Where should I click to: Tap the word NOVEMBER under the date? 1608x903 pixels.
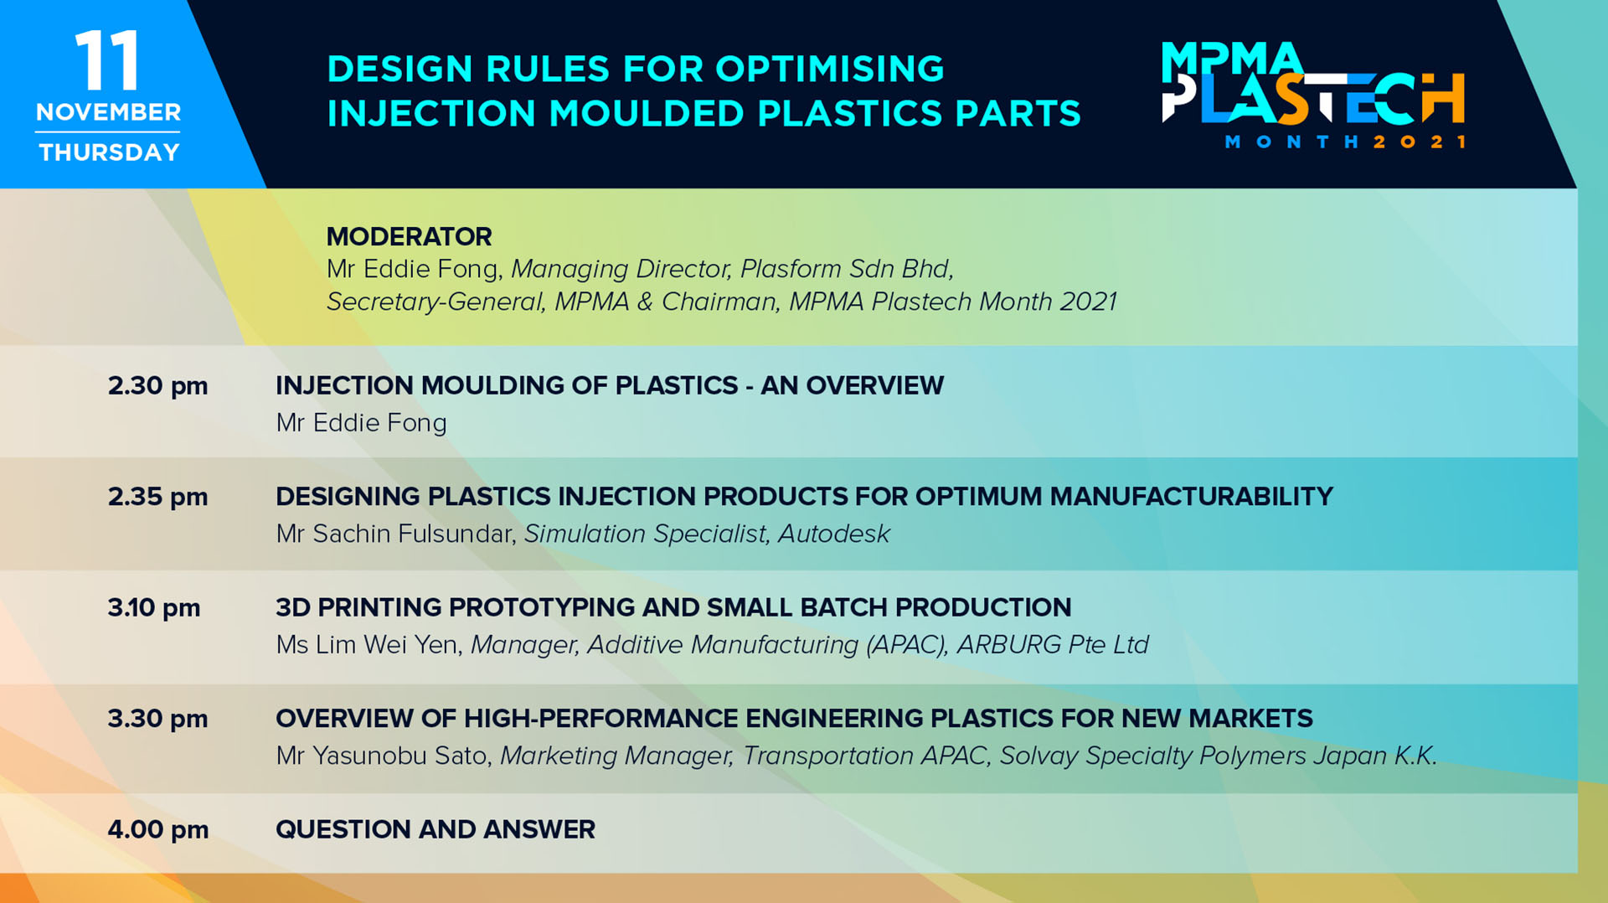click(x=108, y=112)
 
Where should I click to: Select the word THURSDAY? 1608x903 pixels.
click(x=109, y=152)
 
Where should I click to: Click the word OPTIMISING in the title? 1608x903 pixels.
click(x=830, y=69)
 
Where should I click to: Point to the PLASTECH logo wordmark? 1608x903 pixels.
click(x=1313, y=98)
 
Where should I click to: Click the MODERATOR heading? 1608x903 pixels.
click(x=409, y=237)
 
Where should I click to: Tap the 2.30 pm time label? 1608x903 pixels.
click(x=157, y=386)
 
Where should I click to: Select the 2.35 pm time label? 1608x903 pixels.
click(x=157, y=497)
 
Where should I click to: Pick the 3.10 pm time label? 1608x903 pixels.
click(x=154, y=608)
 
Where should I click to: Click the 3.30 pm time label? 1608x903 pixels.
click(x=157, y=719)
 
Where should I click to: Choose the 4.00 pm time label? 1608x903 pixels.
click(x=157, y=830)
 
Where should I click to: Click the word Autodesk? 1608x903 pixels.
click(x=833, y=534)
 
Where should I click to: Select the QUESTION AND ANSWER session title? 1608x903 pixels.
click(x=435, y=830)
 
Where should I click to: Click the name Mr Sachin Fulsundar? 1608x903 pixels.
click(x=395, y=534)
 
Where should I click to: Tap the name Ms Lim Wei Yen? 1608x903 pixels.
click(x=369, y=645)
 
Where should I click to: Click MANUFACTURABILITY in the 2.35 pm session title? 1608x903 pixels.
click(x=1191, y=497)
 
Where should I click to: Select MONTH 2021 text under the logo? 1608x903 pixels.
click(x=1345, y=142)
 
